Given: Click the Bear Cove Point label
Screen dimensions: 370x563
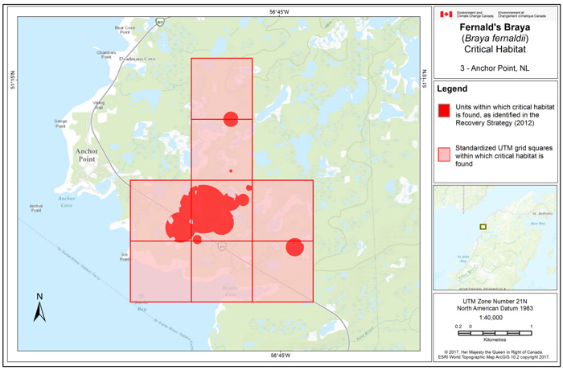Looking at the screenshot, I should click(125, 30).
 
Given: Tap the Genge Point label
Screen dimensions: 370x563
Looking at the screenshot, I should click(60, 122).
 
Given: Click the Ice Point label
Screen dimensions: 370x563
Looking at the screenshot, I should click(125, 257).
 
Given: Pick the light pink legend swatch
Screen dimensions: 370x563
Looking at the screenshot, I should click(443, 154).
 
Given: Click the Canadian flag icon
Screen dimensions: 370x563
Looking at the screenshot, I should click(446, 14).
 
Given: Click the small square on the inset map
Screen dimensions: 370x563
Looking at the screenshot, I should click(483, 227).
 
